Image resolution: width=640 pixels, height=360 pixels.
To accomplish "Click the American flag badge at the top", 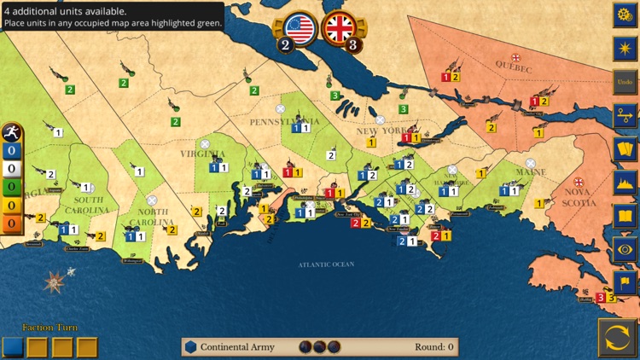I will coord(300,28).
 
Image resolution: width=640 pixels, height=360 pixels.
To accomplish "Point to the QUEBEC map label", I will coord(514,68).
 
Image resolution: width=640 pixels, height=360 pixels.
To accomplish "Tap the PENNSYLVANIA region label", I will coord(284,122).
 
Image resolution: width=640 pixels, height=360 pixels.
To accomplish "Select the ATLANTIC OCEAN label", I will coord(326,264).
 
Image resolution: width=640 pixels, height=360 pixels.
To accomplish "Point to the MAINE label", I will coord(531,172).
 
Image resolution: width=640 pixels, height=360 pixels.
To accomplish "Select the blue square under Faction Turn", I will coord(13,347).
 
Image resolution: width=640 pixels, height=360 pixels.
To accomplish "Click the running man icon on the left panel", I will coord(11,133).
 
